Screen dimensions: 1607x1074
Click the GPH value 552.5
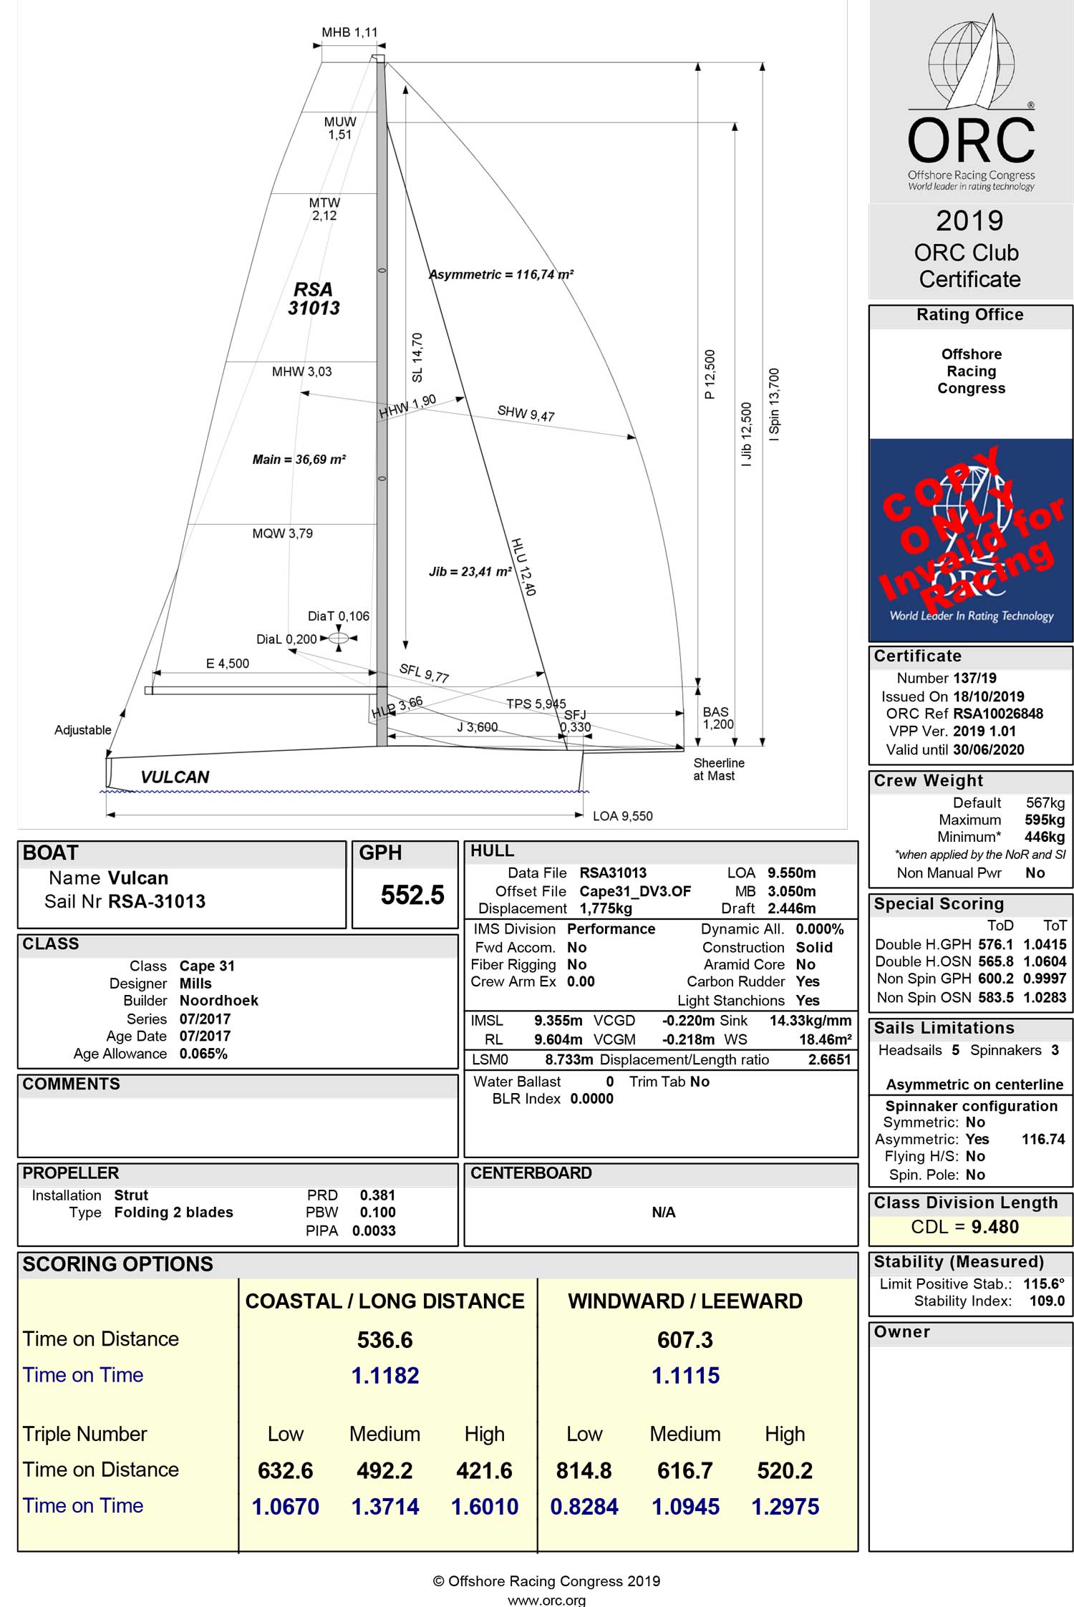coord(412,895)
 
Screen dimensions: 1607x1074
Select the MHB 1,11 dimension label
coord(349,32)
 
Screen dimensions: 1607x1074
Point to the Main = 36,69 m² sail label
coord(299,460)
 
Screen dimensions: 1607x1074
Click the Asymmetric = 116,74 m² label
coord(501,275)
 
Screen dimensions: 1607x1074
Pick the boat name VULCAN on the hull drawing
coord(175,777)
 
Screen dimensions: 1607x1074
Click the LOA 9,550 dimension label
coord(622,816)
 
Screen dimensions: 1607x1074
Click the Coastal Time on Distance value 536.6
coord(385,1340)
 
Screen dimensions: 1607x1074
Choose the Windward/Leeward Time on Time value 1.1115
coord(685,1376)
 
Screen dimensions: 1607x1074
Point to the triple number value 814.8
coord(584,1470)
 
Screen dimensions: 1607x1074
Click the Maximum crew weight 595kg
coord(1045,820)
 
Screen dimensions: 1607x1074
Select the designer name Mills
coord(195,984)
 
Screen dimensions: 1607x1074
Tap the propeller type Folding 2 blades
coord(173,1213)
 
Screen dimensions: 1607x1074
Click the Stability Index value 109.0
coord(1047,1301)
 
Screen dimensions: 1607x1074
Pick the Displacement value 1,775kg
coord(606,908)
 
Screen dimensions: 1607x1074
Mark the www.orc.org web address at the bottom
coord(546,1600)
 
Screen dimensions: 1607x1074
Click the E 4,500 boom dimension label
coord(228,664)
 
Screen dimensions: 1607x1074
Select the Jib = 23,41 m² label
coord(470,572)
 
